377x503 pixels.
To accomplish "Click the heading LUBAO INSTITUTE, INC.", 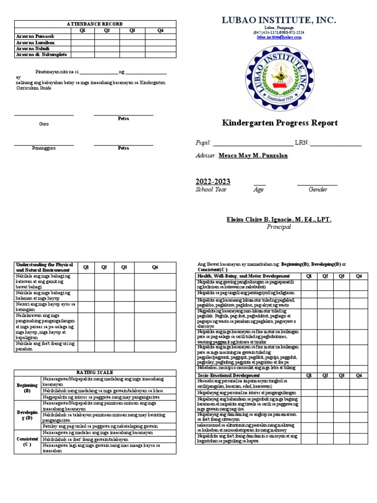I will pyautogui.click(x=278, y=20).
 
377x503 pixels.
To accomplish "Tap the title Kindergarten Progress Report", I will pyautogui.click(x=280, y=123).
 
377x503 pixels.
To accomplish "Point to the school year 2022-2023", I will pyautogui.click(x=213, y=182).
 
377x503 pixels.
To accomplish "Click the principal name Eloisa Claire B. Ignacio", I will pyautogui.click(x=279, y=220).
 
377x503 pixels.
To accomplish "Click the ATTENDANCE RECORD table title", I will pyautogui.click(x=95, y=24).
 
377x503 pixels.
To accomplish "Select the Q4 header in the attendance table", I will pyautogui.click(x=160, y=30).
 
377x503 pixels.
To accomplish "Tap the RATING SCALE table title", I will pyautogui.click(x=95, y=372).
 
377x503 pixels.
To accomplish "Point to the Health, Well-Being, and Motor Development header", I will pyautogui.click(x=243, y=276).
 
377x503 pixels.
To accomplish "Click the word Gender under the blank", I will pyautogui.click(x=318, y=190).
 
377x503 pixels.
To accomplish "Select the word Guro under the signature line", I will pyautogui.click(x=44, y=124).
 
